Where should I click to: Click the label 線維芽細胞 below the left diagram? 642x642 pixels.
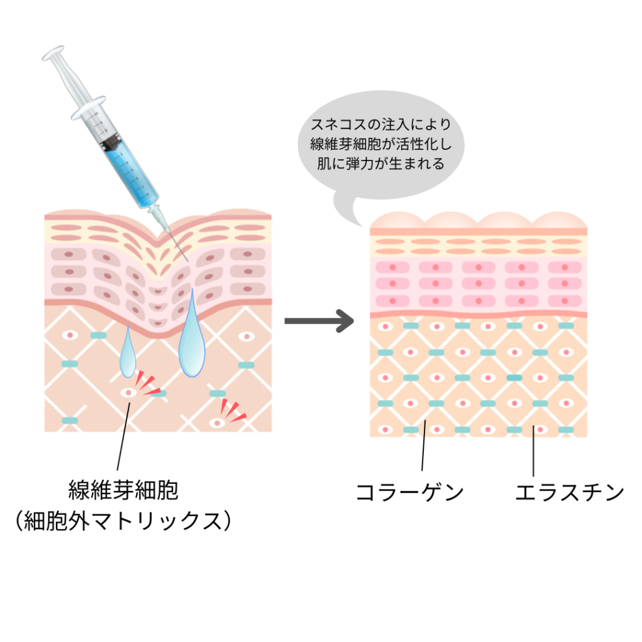tap(124, 490)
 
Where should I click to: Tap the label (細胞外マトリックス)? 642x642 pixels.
tap(124, 521)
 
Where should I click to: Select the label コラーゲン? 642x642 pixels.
tap(409, 492)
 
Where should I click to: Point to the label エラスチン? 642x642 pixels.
tap(569, 492)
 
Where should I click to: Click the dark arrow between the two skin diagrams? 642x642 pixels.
tap(319, 321)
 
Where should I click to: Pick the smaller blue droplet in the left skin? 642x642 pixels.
tap(128, 352)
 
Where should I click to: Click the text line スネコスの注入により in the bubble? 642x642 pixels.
tap(381, 125)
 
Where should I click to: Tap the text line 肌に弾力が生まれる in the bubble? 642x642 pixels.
tap(381, 164)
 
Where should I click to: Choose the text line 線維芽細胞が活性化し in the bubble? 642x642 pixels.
tap(381, 144)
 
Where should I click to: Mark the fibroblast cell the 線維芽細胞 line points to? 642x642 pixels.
tap(129, 392)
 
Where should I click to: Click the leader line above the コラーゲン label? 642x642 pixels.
tap(423, 445)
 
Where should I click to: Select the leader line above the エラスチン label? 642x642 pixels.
tap(534, 451)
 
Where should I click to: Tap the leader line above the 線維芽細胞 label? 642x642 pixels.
tap(124, 436)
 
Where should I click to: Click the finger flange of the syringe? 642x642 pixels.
tap(88, 108)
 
